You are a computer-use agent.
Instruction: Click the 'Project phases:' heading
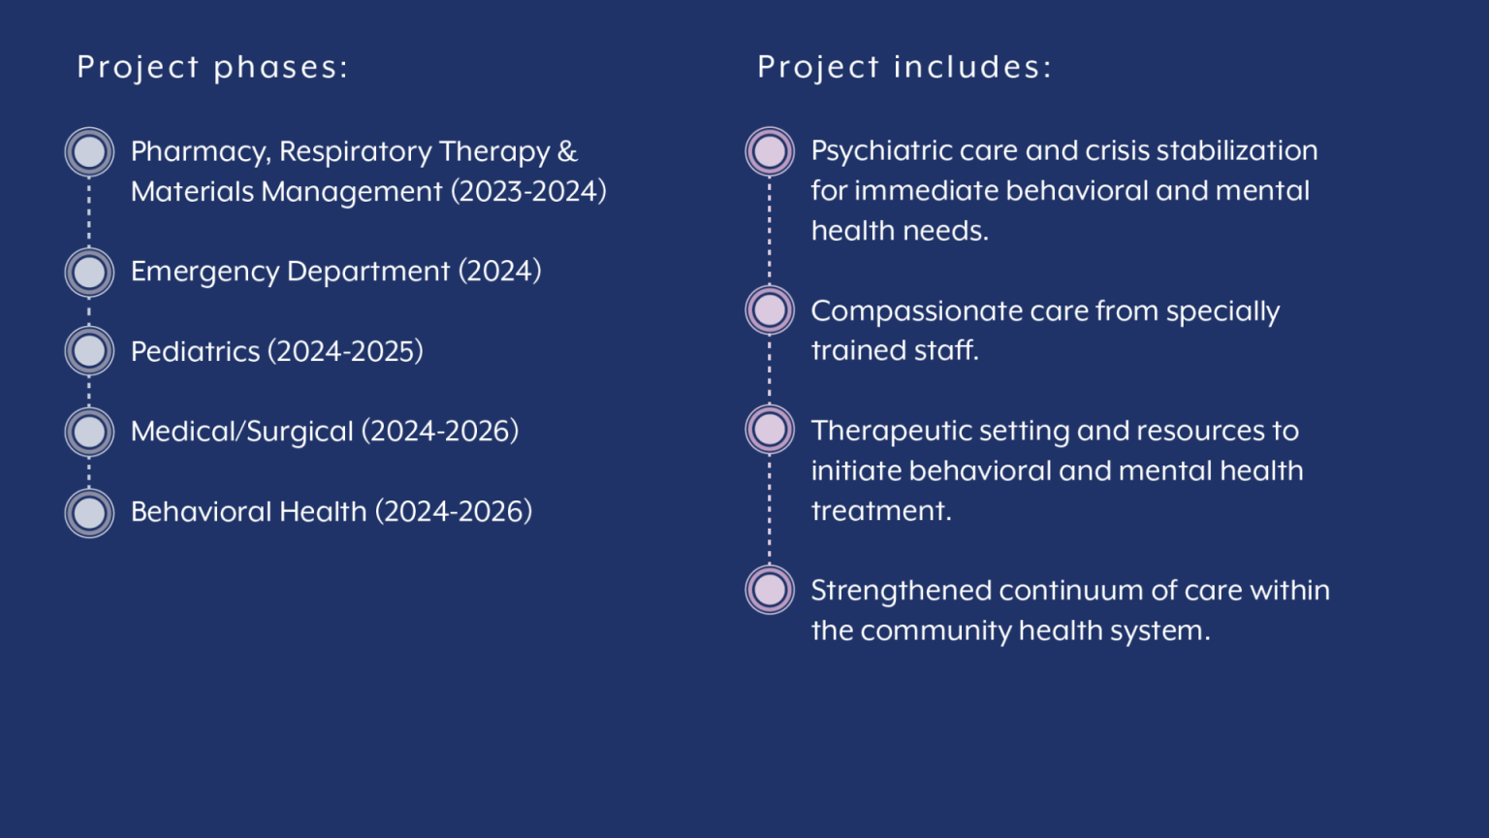[212, 68]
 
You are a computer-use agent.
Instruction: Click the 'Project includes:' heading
[904, 67]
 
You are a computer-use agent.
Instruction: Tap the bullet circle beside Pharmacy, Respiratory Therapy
[89, 151]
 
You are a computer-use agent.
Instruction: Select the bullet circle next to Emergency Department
[89, 272]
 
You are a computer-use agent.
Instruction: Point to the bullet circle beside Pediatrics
[89, 351]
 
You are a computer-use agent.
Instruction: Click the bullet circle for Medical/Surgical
[89, 433]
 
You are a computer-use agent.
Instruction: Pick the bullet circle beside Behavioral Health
[89, 513]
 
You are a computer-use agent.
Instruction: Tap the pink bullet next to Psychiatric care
[770, 151]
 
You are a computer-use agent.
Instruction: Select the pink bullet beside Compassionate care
[770, 310]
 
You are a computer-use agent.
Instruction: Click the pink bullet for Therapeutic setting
[770, 430]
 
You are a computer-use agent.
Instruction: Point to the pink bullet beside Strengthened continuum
[770, 590]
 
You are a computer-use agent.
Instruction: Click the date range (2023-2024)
[528, 191]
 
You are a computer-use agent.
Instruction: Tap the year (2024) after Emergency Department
[500, 272]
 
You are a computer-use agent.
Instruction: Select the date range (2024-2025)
[345, 351]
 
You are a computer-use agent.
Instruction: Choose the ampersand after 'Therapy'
[567, 151]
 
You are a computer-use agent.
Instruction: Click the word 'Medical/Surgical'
[242, 432]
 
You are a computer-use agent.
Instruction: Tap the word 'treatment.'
[881, 511]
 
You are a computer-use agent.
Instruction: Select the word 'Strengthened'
[901, 592]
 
